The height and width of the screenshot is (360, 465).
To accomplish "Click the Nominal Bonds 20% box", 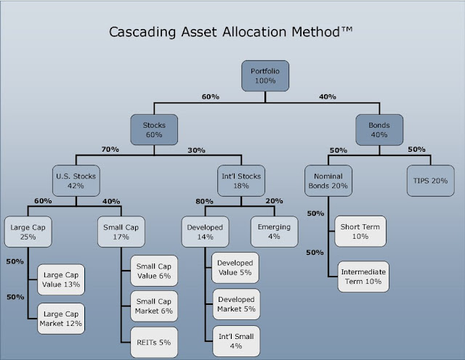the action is click(328, 181).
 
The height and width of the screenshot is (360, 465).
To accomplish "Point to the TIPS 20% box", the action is click(424, 181).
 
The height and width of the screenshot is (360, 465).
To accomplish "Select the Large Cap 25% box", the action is click(28, 231).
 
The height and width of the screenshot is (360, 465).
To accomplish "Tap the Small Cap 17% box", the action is click(121, 231).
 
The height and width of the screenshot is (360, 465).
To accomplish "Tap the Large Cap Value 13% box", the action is click(62, 279).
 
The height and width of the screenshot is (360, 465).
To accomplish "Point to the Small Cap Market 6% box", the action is click(155, 307).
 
